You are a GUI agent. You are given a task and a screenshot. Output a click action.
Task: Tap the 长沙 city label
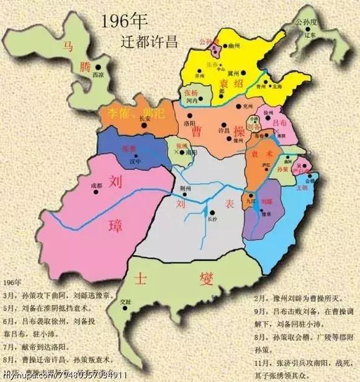coord(212,218)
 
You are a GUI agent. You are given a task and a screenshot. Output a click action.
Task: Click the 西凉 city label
coord(98,74)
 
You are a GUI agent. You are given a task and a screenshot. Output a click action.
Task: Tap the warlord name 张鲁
coord(129,149)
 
